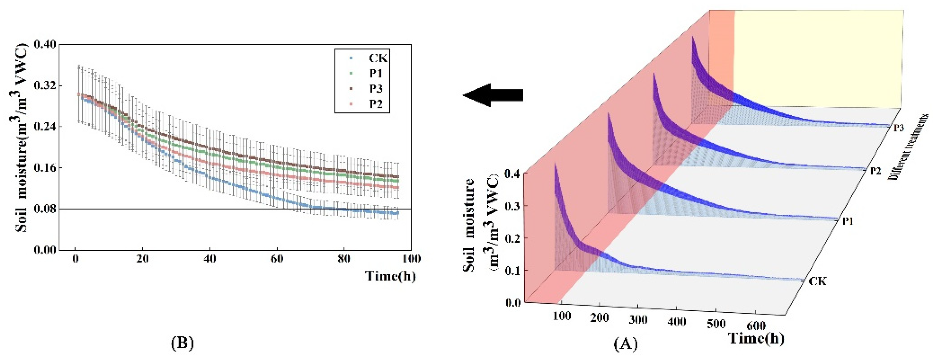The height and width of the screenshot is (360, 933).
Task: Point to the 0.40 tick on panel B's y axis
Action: (x=45, y=45)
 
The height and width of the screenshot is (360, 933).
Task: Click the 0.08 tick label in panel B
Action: (x=45, y=209)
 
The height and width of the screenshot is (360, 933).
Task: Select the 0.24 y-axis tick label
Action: (x=45, y=127)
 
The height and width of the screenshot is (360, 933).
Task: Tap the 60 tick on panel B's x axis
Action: (x=277, y=259)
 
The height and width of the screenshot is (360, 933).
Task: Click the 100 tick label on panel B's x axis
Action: (x=411, y=259)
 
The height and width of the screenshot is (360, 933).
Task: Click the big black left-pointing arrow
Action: (x=493, y=95)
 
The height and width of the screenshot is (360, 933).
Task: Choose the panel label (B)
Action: (x=182, y=343)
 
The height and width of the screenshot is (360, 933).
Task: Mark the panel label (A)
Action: (x=626, y=343)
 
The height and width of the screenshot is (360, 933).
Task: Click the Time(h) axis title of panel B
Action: (x=390, y=276)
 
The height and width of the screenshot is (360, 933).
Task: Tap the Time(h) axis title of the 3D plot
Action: (x=756, y=339)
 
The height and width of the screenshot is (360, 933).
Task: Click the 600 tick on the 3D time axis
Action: (x=756, y=326)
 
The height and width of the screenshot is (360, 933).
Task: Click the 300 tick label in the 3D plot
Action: (x=638, y=320)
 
